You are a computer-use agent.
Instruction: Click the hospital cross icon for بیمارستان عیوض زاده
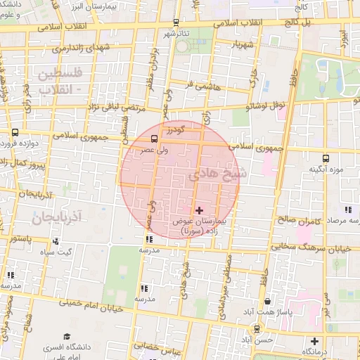point(199,210)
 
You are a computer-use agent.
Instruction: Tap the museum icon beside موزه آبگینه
point(325,158)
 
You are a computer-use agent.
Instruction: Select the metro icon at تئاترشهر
point(176,22)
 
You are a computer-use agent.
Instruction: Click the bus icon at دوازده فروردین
point(15,131)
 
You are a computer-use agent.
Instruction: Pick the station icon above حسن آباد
point(257,328)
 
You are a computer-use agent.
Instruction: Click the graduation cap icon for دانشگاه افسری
point(67,337)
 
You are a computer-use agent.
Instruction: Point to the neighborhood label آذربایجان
point(57,217)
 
